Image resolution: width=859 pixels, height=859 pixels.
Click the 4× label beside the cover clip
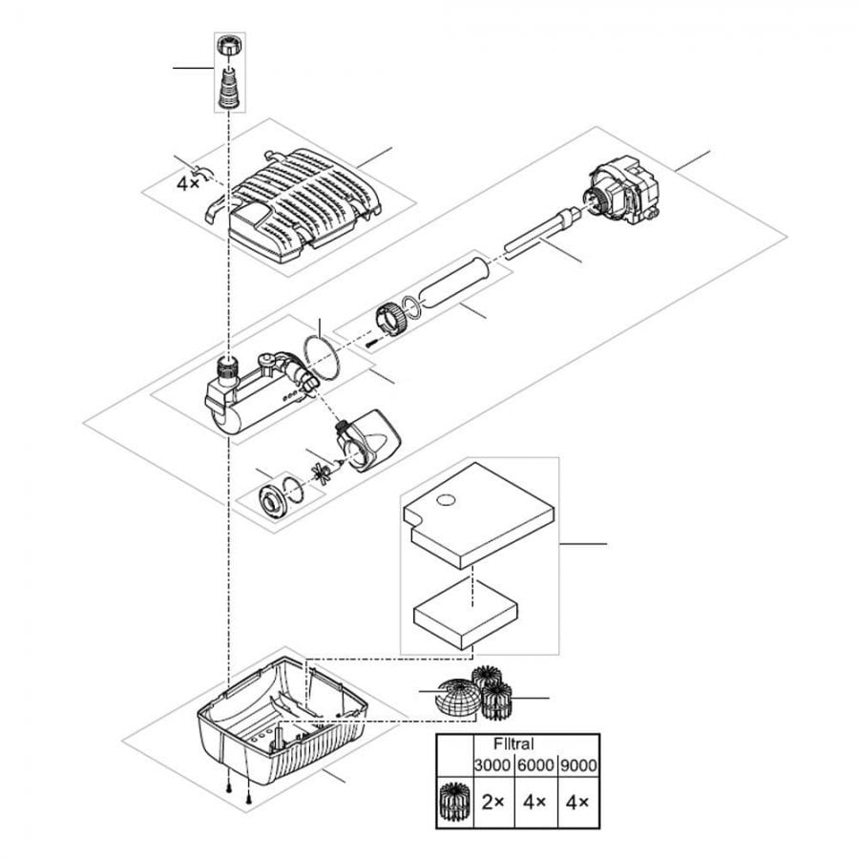coord(188,182)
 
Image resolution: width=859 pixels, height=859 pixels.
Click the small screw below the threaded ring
coord(370,341)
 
